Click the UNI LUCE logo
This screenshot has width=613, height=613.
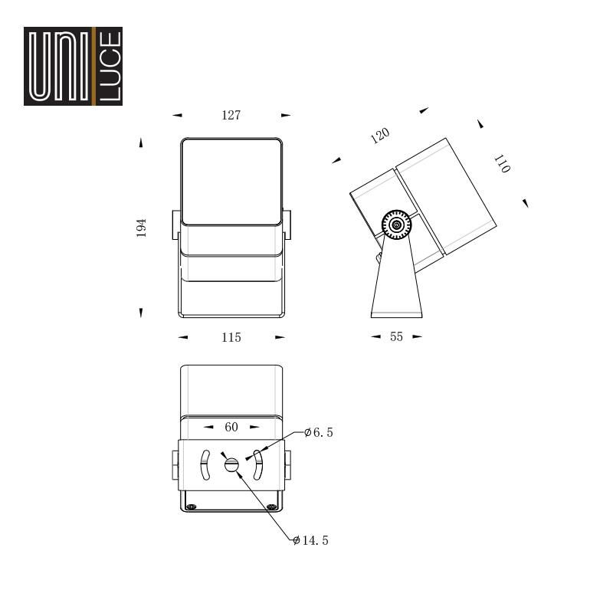[x=73, y=66]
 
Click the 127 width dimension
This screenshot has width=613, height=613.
[x=231, y=116]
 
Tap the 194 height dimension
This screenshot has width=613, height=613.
[x=141, y=228]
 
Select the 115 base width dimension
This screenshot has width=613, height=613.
[x=231, y=337]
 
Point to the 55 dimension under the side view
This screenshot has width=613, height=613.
[x=396, y=336]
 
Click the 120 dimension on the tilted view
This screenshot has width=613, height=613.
[x=380, y=136]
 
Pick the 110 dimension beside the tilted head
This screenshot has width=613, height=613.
[x=503, y=164]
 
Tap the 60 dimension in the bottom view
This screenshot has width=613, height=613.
[x=231, y=427]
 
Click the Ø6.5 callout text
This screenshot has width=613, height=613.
[x=319, y=432]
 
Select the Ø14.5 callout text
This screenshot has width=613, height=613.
[x=311, y=540]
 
